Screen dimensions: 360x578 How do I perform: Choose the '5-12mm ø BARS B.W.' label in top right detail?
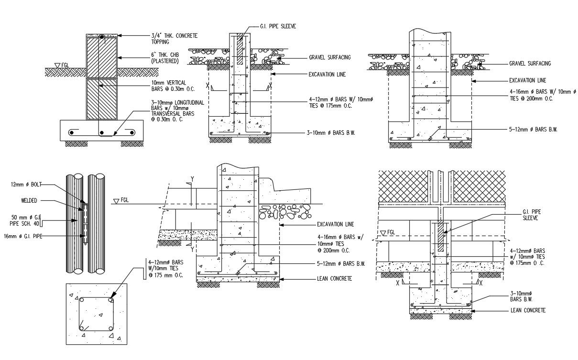[534, 129]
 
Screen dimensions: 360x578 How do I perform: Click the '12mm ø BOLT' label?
[22, 184]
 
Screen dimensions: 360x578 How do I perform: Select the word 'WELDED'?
[29, 201]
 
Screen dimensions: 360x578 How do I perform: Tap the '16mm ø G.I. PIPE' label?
[23, 236]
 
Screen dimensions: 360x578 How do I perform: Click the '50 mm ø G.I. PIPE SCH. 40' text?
[25, 220]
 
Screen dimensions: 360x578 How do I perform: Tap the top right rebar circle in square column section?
[110, 300]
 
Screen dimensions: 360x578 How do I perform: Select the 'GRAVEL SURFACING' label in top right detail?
[530, 63]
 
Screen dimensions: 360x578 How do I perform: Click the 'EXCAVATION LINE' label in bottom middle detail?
[335, 224]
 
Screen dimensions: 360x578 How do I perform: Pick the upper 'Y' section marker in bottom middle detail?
[193, 179]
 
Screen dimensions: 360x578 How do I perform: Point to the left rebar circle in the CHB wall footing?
[72, 132]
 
